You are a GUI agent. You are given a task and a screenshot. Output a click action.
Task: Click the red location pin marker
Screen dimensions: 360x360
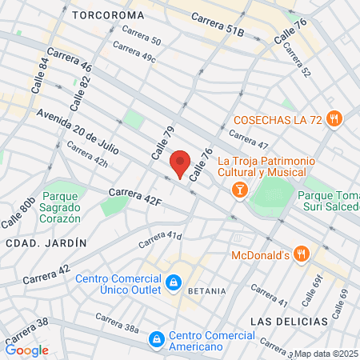click(180, 163)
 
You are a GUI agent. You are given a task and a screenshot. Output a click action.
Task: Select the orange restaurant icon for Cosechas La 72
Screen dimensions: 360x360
click(334, 119)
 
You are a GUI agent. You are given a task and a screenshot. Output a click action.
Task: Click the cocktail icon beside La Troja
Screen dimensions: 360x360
click(238, 190)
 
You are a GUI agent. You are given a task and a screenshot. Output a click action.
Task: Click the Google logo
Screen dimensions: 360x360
click(26, 350)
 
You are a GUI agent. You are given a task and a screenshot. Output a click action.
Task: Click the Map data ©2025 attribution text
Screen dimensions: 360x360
click(326, 354)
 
